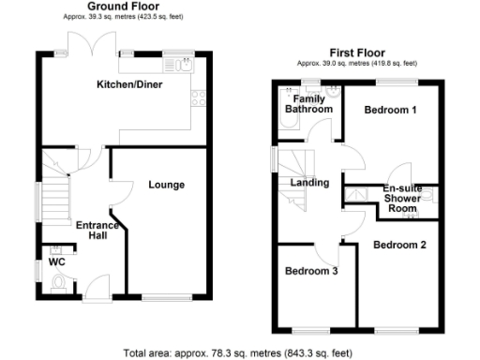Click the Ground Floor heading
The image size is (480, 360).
pyautogui.click(x=122, y=6)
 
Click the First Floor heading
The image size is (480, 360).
pyautogui.click(x=355, y=52)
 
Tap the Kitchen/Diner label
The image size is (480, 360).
pyautogui.click(x=131, y=85)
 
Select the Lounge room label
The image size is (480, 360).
pyautogui.click(x=166, y=185)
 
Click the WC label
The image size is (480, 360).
pyautogui.click(x=55, y=263)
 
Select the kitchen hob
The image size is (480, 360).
pyautogui.click(x=200, y=97)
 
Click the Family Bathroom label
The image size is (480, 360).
pyautogui.click(x=309, y=104)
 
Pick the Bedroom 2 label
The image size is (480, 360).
pyautogui.click(x=399, y=245)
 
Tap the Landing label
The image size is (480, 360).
pyautogui.click(x=309, y=183)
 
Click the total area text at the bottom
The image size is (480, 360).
pyautogui.click(x=239, y=352)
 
